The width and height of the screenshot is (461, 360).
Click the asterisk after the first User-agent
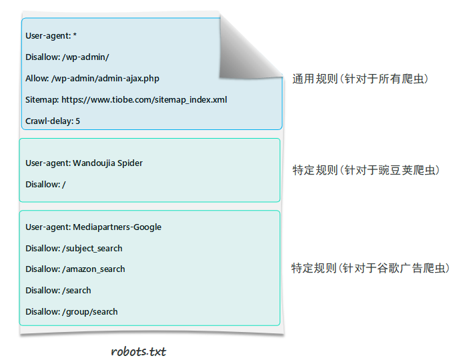pos(75,35)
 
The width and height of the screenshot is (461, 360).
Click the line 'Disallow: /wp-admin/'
pos(67,57)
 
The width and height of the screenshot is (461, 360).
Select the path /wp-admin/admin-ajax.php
pos(105,79)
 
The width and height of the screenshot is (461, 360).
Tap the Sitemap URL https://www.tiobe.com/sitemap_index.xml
pos(144,99)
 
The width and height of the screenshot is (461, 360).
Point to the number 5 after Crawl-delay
pos(77,121)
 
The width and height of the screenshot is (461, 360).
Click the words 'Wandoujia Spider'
pos(107,163)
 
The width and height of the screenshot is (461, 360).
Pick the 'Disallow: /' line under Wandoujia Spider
pos(45,184)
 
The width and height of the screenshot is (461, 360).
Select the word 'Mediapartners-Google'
pos(117,227)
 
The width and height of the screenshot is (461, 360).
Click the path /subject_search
pos(92,249)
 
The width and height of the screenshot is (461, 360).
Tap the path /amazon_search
pos(93,269)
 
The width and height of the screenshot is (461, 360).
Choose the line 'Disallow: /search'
pos(58,291)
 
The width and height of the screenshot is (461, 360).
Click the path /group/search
pos(90,312)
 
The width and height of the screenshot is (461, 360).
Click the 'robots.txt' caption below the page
pos(139,351)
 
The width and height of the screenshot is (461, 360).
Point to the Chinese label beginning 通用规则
pos(360,79)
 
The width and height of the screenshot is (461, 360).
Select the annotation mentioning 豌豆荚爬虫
pos(366,170)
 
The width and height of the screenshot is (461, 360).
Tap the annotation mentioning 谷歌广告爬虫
pos(370,268)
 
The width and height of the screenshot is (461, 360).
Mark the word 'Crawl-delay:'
pos(49,121)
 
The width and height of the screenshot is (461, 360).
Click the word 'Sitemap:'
pos(42,100)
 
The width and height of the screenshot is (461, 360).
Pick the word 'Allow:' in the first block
pos(37,79)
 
